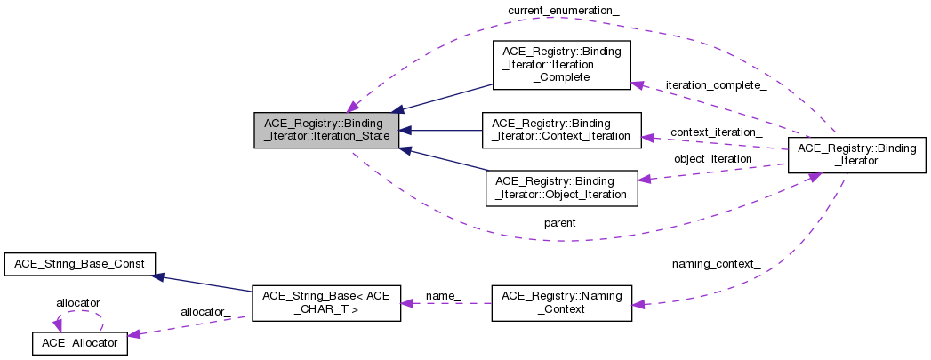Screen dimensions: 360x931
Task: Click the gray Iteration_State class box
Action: point(325,131)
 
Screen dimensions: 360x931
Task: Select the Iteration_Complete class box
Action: point(561,64)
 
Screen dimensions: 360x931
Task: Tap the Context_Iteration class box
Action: point(561,130)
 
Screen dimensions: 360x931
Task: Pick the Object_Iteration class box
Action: point(561,188)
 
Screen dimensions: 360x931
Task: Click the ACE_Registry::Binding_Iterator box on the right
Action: point(850,155)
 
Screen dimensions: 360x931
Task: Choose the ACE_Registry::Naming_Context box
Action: point(562,301)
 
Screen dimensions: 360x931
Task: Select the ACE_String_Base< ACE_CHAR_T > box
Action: point(325,303)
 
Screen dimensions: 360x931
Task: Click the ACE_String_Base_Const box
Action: point(80,264)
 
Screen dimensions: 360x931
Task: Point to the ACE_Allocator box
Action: point(80,342)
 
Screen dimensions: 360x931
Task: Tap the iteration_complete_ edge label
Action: point(715,85)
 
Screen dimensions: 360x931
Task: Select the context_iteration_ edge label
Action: point(716,132)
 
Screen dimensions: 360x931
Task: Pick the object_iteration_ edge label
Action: point(716,159)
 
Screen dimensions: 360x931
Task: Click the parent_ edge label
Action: point(564,222)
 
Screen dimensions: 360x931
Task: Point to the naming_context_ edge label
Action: point(716,264)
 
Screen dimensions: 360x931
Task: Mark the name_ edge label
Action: point(444,294)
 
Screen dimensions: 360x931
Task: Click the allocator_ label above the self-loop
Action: point(81,303)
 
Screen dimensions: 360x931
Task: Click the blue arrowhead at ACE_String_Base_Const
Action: point(157,276)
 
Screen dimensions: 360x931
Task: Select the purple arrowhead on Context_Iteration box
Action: point(647,137)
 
